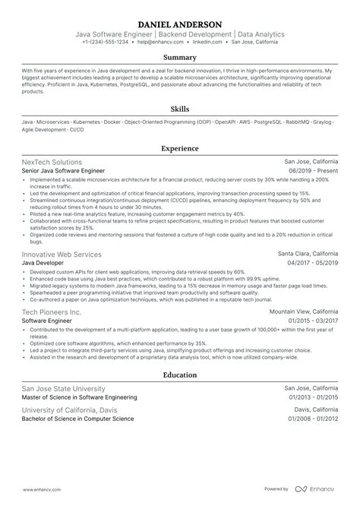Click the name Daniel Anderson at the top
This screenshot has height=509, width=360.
[x=180, y=24]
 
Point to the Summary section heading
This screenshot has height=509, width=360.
[x=180, y=58]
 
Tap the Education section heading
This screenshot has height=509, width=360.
[x=180, y=375]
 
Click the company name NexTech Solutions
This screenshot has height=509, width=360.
[x=52, y=162]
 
